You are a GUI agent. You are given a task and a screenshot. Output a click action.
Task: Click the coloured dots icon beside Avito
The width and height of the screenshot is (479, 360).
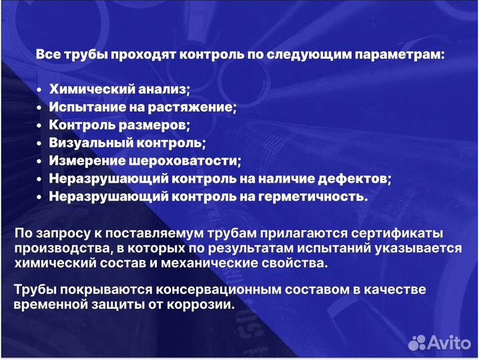(417, 343)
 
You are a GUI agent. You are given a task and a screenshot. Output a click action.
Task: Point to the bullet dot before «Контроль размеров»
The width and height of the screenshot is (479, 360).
(40, 125)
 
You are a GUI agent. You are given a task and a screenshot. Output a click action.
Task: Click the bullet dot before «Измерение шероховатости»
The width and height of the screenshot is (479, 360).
(40, 161)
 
